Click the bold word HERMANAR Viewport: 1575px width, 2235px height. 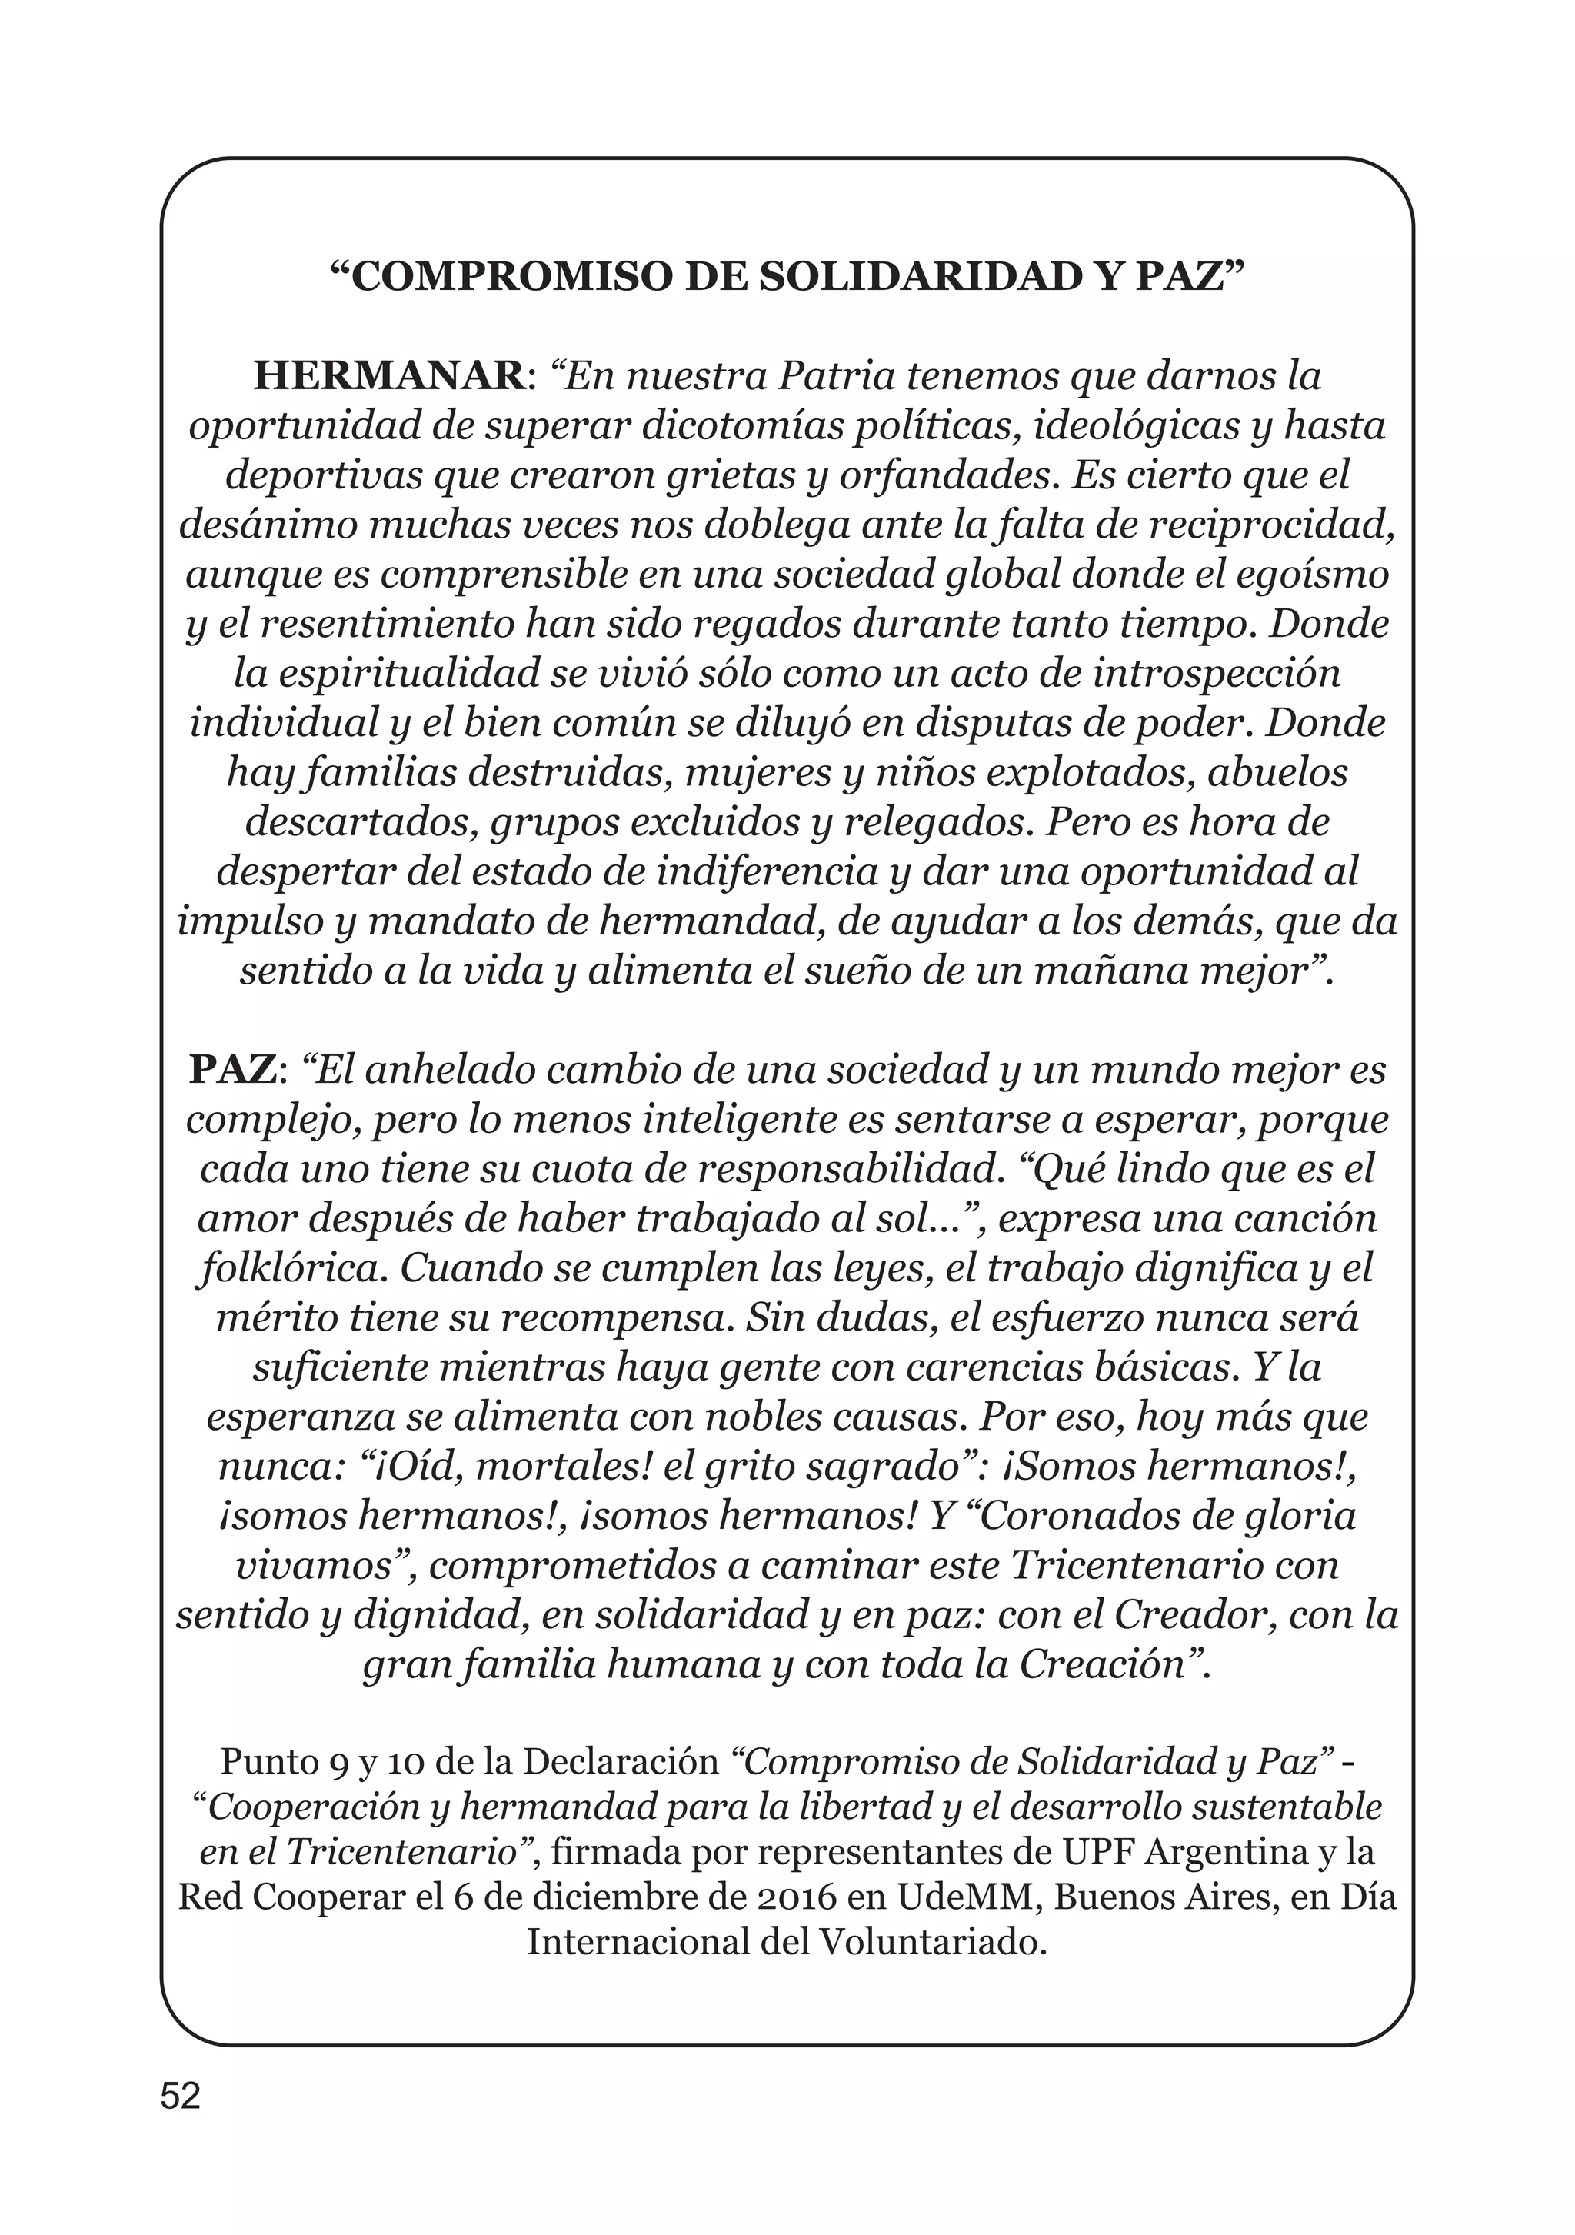[388, 377]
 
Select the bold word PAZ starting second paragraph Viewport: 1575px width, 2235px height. [233, 1071]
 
